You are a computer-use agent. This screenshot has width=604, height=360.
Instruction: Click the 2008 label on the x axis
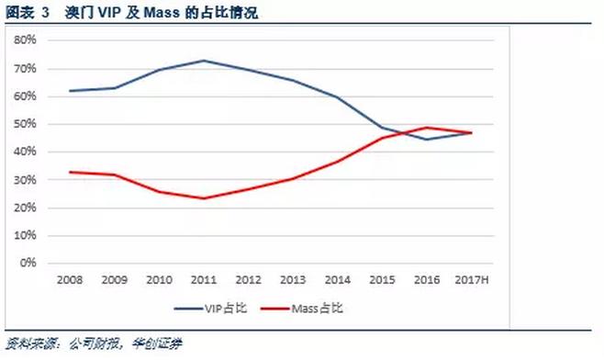70,278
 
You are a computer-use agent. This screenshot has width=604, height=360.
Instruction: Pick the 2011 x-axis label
203,278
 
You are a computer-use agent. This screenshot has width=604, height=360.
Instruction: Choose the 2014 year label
337,278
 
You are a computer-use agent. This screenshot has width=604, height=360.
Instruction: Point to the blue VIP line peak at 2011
203,61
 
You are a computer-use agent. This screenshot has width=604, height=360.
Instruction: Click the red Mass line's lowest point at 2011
203,198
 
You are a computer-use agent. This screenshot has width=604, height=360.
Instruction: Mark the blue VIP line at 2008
70,91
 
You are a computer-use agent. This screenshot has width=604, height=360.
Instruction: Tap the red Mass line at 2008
70,172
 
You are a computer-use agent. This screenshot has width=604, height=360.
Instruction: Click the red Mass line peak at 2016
428,128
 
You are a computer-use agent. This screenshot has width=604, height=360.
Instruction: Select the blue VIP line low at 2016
428,140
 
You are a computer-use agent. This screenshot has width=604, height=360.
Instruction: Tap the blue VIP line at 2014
337,97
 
